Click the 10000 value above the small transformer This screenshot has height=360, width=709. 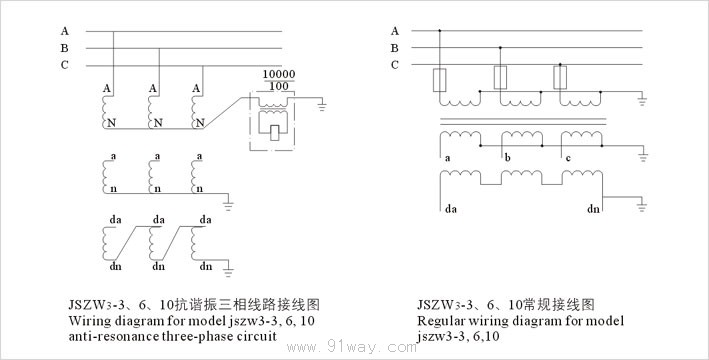coord(279,74)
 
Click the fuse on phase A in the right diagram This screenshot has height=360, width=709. coord(440,80)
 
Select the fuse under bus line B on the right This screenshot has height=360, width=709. coord(500,77)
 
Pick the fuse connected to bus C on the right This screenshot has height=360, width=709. coord(560,77)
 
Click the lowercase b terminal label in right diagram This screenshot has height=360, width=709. coord(508,158)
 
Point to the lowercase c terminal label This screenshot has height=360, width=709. coord(568,158)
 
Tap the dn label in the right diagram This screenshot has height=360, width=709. coord(593,208)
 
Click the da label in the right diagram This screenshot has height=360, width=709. coord(451,209)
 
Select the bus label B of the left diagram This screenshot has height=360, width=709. coord(65,48)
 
